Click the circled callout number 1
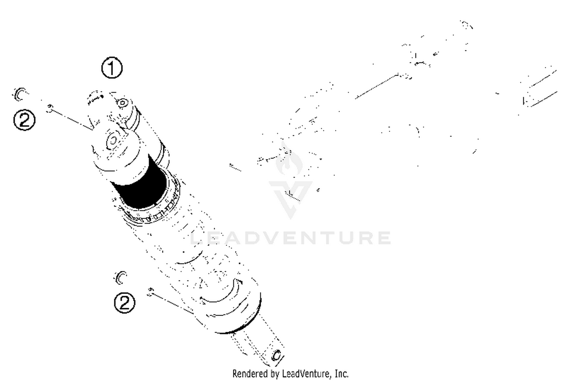(112, 68)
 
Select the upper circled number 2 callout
(24, 119)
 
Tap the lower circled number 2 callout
(125, 302)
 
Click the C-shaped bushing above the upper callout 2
(20, 93)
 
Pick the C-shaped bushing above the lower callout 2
(121, 277)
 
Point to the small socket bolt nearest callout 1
(123, 103)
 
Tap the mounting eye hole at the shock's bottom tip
(277, 355)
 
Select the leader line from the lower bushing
(171, 303)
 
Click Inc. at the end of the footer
(341, 374)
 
